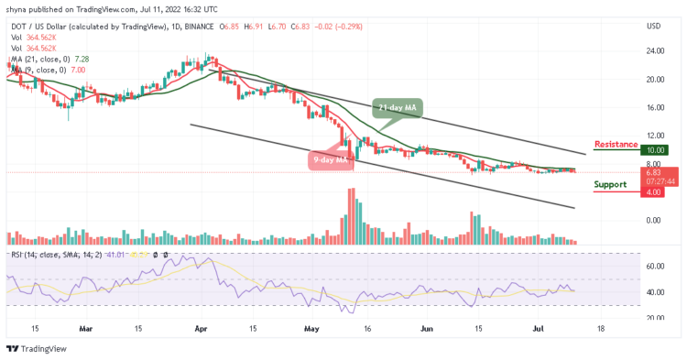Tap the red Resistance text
(616, 144)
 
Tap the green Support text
(610, 184)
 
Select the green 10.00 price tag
(655, 150)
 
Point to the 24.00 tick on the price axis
(653, 50)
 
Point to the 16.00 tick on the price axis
(653, 107)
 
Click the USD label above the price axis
(653, 25)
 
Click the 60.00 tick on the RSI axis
(653, 267)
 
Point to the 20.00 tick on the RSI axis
(653, 318)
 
